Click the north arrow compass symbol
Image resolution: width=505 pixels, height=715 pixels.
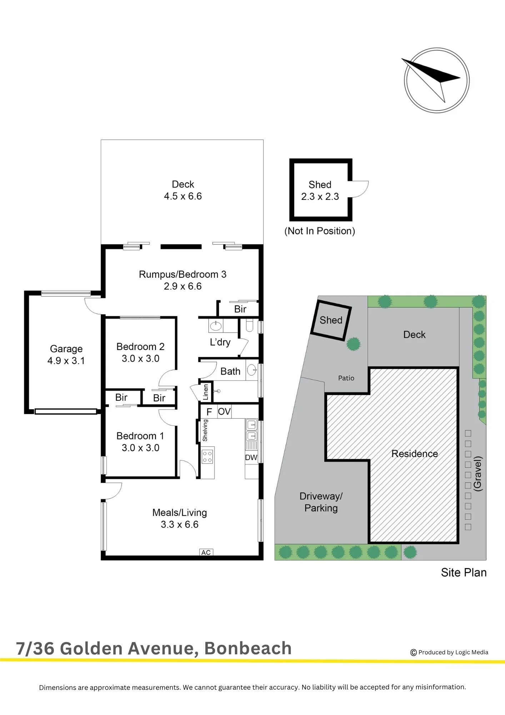pos(436,80)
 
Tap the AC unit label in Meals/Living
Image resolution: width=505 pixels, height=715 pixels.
pos(206,552)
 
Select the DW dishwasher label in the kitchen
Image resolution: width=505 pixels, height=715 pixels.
pos(251,457)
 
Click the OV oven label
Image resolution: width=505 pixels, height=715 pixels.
pos(224,411)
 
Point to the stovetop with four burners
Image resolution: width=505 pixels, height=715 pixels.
pos(207,457)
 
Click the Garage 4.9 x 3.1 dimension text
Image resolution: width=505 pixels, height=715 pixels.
pos(66,361)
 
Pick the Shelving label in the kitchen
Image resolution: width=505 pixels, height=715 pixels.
pos(205,430)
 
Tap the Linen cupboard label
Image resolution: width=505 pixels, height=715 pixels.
pos(206,392)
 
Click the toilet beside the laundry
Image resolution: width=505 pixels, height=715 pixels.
pos(249,325)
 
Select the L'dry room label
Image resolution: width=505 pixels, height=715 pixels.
pos(220,342)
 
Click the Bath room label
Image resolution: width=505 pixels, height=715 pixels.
pos(230,371)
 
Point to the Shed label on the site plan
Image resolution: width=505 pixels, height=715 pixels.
pos(331,320)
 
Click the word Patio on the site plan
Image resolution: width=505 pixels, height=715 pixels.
pos(346,378)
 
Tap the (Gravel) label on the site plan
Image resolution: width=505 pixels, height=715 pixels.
pos(477,474)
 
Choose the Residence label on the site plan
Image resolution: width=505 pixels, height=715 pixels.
pos(415,454)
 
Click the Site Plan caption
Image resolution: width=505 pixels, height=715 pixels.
pos(464,572)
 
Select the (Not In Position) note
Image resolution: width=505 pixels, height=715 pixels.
pos(320,231)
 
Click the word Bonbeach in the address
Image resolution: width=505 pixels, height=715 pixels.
pos(248,648)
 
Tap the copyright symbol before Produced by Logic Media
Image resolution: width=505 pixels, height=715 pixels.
pos(414,652)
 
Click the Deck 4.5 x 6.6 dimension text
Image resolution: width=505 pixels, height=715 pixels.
pos(183,196)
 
